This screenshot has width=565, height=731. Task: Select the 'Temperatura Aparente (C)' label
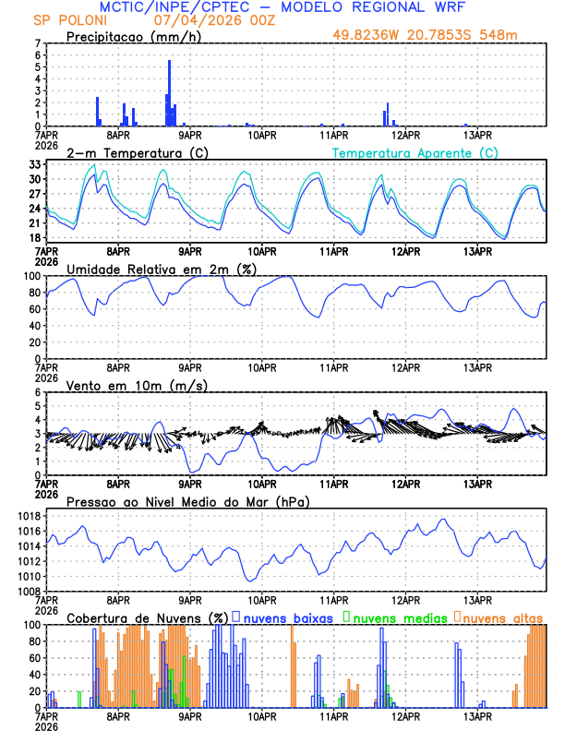tap(415, 152)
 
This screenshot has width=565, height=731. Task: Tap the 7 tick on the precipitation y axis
tap(38, 43)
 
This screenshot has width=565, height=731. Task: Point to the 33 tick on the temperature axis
tap(35, 164)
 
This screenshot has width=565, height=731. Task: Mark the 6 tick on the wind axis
tap(38, 392)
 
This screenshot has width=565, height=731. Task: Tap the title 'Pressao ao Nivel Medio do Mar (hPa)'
tap(188, 501)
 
